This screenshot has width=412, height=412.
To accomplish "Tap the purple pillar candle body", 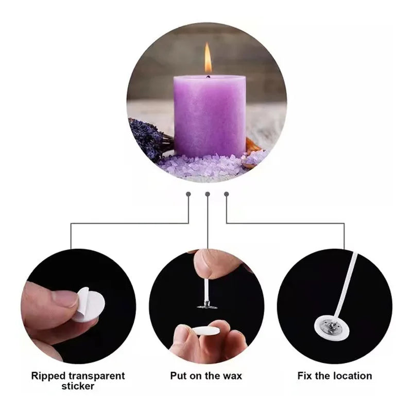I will (x=209, y=116).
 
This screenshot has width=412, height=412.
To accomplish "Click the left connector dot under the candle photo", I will (x=188, y=194).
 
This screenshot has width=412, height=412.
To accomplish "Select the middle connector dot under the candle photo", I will (x=208, y=194).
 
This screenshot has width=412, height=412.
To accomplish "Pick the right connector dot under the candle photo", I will (x=227, y=194).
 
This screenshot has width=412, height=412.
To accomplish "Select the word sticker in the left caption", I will (x=78, y=386).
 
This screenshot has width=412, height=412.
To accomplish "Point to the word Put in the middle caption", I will (x=178, y=375).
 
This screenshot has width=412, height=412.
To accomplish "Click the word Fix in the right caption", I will (x=306, y=375).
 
